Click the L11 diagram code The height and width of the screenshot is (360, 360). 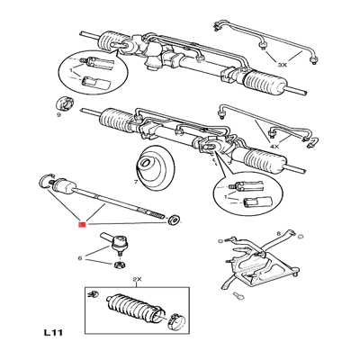pyautogui.click(x=53, y=333)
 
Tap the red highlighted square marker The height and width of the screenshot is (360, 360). pyautogui.click(x=82, y=224)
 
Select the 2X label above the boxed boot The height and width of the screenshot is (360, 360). pyautogui.click(x=137, y=279)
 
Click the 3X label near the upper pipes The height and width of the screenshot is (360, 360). pyautogui.click(x=283, y=64)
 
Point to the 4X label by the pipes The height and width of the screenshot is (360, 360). pyautogui.click(x=274, y=147)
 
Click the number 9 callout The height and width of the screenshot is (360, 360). pyautogui.click(x=58, y=115)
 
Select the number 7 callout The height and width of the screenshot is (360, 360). pyautogui.click(x=136, y=182)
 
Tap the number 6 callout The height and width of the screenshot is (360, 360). pyautogui.click(x=80, y=257)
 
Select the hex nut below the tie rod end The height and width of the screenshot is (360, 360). pyautogui.click(x=121, y=265)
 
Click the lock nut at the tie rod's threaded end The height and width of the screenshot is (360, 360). pyautogui.click(x=174, y=220)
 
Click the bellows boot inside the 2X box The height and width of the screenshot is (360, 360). pyautogui.click(x=135, y=309)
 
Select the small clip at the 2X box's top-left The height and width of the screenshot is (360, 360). pyautogui.click(x=93, y=294)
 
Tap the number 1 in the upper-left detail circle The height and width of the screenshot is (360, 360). pyautogui.click(x=71, y=71)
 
